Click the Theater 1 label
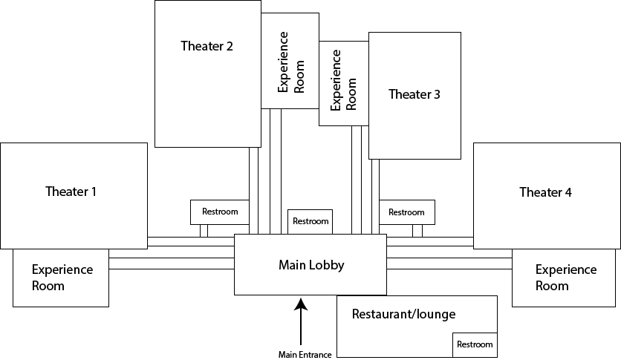click(x=71, y=192)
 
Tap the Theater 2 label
click(x=207, y=46)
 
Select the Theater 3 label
click(x=414, y=94)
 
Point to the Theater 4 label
click(x=545, y=192)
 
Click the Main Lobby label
click(x=311, y=264)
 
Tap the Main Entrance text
click(x=301, y=353)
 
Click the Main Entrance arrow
click(x=301, y=319)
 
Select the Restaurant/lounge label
click(x=403, y=314)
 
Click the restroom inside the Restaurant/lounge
click(x=474, y=344)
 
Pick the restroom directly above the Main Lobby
click(x=310, y=221)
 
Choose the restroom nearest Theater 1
click(x=220, y=212)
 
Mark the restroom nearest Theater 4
click(x=406, y=212)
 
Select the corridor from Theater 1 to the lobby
click(x=191, y=242)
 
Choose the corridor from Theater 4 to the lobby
click(x=430, y=242)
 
